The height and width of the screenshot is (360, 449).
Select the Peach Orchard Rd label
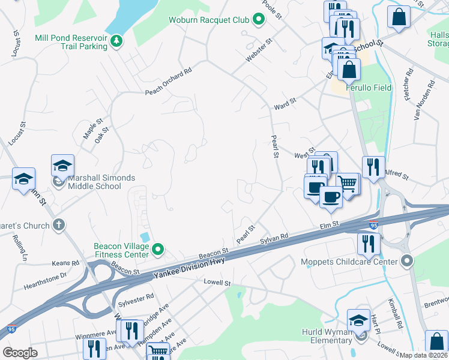(x=168, y=82)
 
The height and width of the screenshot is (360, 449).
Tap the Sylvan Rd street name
(x=275, y=239)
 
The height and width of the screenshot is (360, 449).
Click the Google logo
(x=20, y=353)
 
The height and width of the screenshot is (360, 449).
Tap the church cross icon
(x=58, y=225)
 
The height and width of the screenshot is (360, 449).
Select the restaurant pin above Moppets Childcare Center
(x=367, y=242)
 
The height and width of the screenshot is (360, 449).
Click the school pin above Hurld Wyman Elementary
(x=358, y=320)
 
